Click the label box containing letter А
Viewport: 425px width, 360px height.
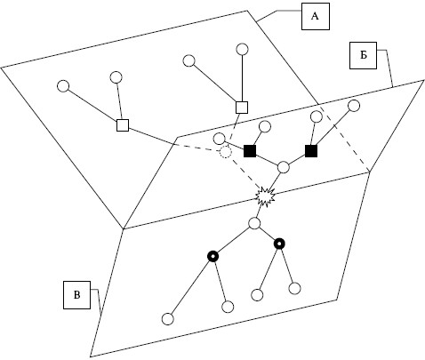point(316,16)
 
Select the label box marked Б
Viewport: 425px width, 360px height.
point(363,55)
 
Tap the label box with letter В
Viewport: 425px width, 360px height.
point(76,295)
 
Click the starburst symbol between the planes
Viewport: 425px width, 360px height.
point(265,196)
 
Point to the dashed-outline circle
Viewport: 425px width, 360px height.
point(225,152)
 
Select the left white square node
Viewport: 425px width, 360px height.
point(123,125)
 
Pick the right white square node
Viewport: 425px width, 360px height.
point(242,108)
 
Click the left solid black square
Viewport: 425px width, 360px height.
point(250,151)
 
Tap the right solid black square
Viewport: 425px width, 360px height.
point(311,151)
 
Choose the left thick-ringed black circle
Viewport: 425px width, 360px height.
point(212,256)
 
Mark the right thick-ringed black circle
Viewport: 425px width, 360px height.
point(279,244)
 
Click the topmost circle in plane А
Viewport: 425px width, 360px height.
point(242,49)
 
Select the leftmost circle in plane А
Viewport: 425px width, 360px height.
point(63,86)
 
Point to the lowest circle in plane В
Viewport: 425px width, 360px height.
point(168,319)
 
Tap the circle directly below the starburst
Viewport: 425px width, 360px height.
point(254,223)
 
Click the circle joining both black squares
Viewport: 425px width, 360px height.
point(284,167)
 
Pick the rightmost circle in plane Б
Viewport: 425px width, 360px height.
point(354,106)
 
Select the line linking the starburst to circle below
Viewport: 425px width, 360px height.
point(260,211)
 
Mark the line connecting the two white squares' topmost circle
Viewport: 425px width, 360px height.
point(242,78)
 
